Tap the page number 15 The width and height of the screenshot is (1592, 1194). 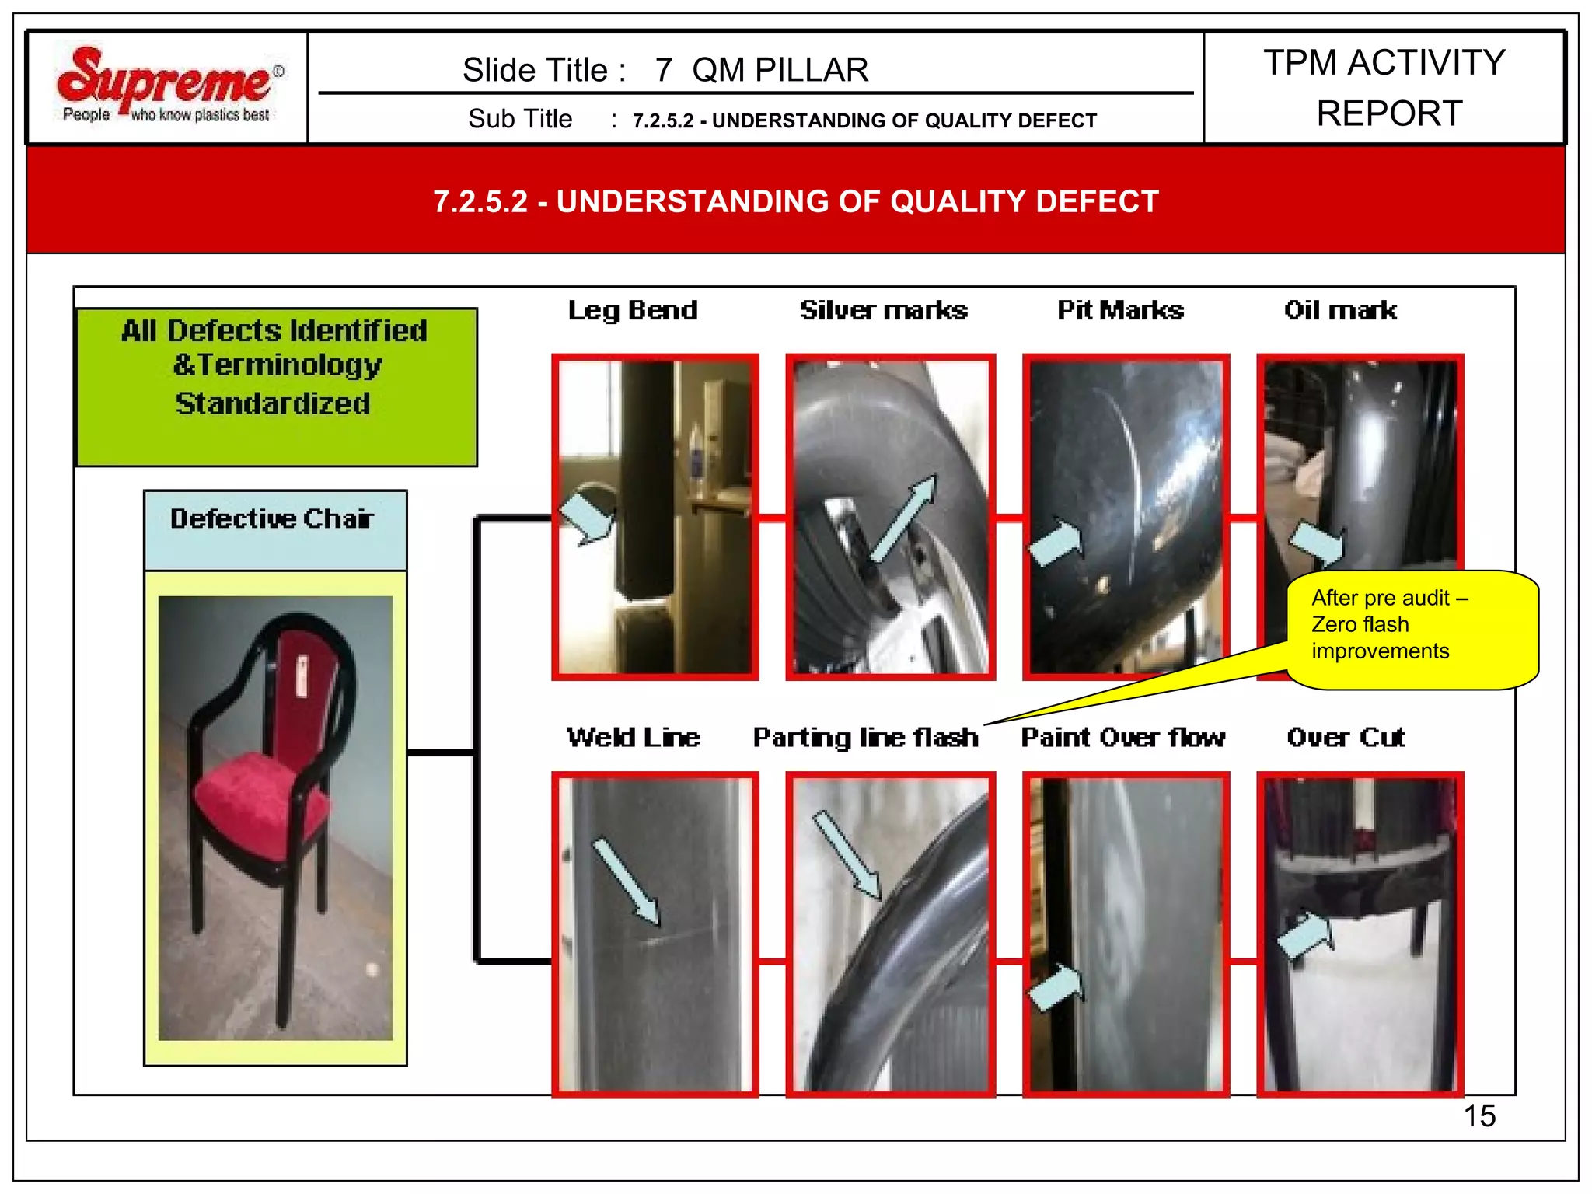(x=1479, y=1115)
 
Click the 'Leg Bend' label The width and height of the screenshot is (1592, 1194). (x=632, y=310)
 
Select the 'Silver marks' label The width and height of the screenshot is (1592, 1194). (x=883, y=310)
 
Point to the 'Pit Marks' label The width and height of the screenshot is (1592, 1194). (x=1119, y=310)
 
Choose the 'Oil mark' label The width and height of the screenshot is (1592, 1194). (x=1339, y=310)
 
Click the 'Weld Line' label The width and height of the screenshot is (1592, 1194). (x=632, y=737)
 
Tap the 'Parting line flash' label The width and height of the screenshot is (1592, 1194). (x=865, y=737)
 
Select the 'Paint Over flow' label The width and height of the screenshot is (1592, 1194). (x=1122, y=737)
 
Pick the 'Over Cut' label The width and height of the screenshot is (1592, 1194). (x=1345, y=737)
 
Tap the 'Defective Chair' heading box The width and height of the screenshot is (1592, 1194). (x=274, y=529)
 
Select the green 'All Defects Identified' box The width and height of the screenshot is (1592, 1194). (x=276, y=386)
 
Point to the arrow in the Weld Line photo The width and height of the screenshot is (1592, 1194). (x=627, y=881)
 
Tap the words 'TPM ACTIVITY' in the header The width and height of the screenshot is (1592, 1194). (x=1384, y=62)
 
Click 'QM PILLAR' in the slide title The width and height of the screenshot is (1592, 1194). (x=780, y=70)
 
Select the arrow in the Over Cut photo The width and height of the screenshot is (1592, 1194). (x=1306, y=935)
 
